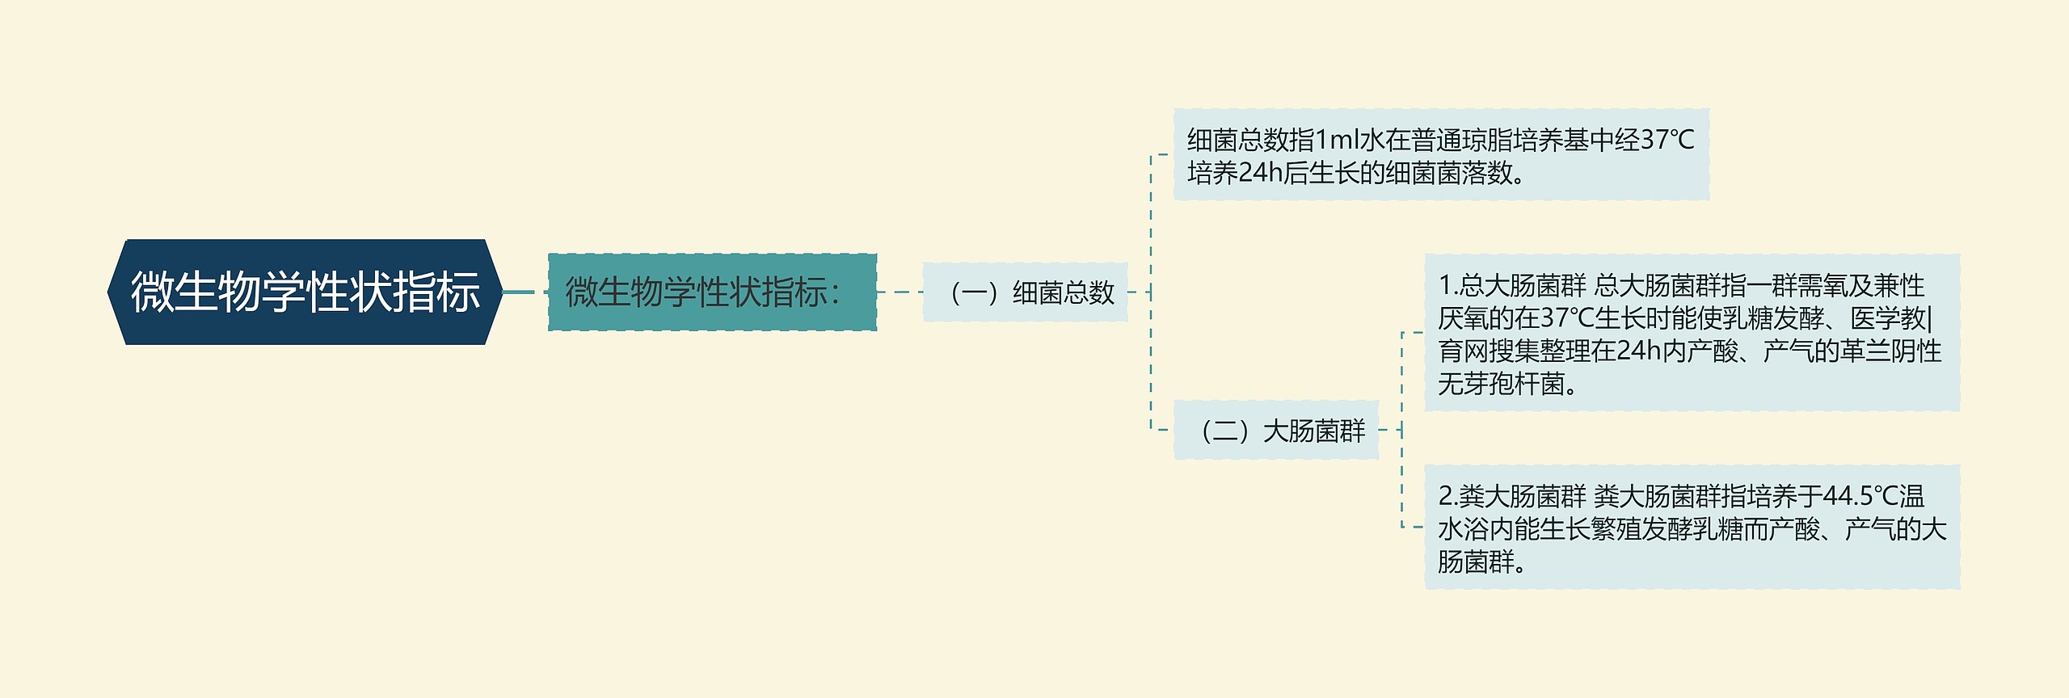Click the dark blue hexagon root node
point(305,292)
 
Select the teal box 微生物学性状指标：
point(712,292)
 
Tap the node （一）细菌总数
point(1025,292)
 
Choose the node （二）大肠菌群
point(1275,431)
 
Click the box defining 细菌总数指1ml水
point(1440,155)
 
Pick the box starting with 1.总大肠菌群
point(1691,333)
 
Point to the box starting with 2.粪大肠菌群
point(1691,527)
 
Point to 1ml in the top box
point(1338,141)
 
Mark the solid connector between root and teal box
point(519,292)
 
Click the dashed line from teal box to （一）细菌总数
point(900,292)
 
